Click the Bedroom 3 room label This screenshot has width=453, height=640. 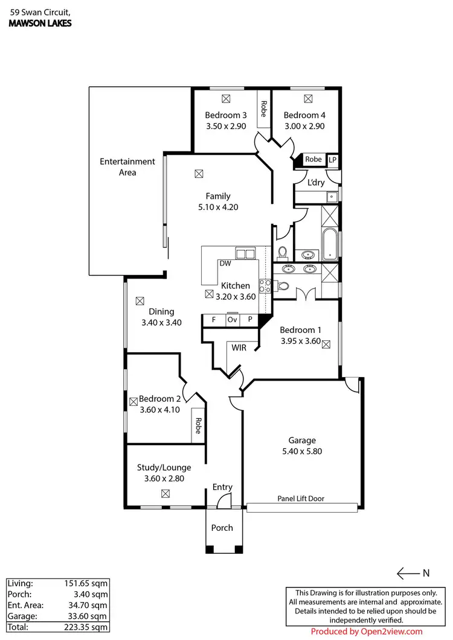[x=226, y=115]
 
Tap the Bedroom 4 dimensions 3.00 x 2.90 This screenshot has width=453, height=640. [x=304, y=127]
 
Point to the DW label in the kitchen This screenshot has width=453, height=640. [x=225, y=264]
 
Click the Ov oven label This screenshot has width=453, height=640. [x=233, y=320]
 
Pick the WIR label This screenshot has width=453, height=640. [x=239, y=348]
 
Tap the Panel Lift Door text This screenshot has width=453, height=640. [x=301, y=498]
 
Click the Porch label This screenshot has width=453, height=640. [x=222, y=528]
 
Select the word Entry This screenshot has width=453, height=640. [x=222, y=487]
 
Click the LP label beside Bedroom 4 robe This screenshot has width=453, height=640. [x=332, y=160]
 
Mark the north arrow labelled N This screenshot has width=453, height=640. [x=411, y=572]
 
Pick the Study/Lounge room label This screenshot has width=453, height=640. [x=164, y=467]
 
